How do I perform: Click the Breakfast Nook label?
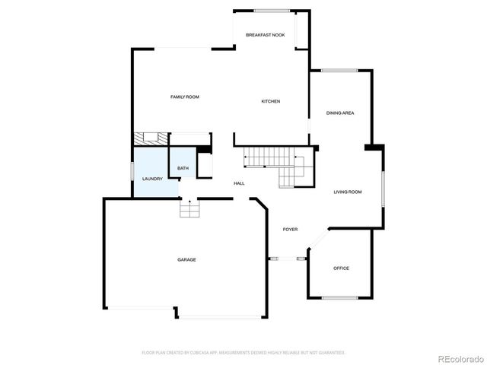pos(265,36)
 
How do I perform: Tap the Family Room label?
pos(184,97)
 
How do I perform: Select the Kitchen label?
pos(271,101)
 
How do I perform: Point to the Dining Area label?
pos(340,113)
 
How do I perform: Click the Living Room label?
pos(347,192)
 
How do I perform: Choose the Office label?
pos(341,268)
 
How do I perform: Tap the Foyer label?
pos(290,229)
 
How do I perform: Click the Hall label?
pos(239,183)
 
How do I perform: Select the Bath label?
pos(183,168)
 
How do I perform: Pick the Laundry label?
pos(152,179)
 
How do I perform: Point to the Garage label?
pos(186,259)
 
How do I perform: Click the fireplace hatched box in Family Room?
pos(150,139)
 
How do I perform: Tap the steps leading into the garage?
pos(189,208)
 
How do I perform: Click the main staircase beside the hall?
pos(274,163)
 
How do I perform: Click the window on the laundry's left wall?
pos(133,177)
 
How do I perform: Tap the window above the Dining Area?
pos(339,71)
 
